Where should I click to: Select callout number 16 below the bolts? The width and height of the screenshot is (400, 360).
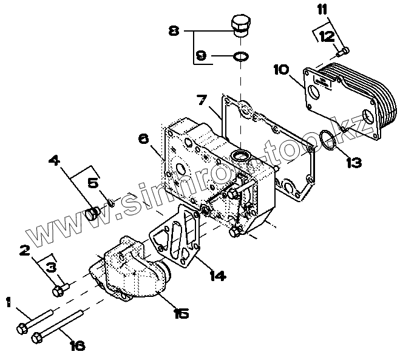click(77, 346)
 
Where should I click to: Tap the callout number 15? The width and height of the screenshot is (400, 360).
click(181, 313)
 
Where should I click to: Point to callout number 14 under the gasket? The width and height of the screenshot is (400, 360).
click(217, 276)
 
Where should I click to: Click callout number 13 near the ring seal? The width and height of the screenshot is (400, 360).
click(354, 163)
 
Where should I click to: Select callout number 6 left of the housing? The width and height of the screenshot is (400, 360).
click(143, 139)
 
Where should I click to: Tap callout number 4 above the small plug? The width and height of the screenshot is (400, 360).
click(54, 161)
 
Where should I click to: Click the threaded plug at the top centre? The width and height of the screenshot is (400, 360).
click(241, 26)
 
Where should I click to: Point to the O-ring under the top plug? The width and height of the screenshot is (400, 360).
click(240, 56)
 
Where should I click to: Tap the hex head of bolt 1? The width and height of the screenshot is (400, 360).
click(21, 330)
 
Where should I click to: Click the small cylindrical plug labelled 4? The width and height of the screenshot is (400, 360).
click(93, 214)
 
